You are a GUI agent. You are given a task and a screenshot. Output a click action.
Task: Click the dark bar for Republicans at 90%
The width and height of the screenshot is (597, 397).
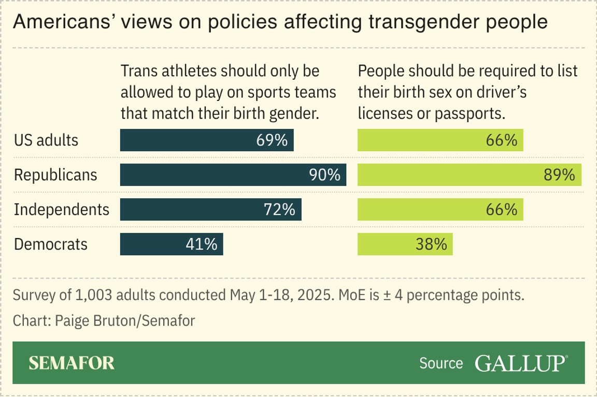click(233, 175)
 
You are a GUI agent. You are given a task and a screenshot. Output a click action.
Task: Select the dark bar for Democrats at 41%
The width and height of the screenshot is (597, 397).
click(172, 244)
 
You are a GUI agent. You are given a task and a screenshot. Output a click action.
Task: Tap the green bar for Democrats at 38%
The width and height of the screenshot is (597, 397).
click(405, 244)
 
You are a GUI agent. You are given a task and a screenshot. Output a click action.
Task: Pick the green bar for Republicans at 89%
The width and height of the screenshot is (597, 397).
click(470, 175)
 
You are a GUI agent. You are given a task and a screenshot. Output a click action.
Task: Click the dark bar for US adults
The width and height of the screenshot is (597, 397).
click(207, 140)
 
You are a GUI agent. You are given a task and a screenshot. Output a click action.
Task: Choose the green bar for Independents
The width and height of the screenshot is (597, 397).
click(440, 210)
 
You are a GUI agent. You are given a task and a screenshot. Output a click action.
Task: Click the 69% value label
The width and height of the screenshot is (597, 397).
click(273, 140)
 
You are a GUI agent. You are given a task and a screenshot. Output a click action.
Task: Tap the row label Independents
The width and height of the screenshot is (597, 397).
click(62, 210)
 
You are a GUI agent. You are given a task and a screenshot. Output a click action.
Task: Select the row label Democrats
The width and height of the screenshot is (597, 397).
click(50, 244)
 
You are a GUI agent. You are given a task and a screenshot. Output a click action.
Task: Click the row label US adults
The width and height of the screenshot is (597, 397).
click(46, 140)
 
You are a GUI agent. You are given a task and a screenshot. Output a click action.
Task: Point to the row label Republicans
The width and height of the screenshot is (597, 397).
click(55, 175)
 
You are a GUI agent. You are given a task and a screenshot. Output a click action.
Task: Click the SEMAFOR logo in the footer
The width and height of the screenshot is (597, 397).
click(72, 363)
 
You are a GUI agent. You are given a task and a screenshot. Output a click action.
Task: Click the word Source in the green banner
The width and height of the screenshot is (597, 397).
click(441, 363)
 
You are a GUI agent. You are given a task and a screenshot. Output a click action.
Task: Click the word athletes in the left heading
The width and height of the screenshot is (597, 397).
click(192, 71)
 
